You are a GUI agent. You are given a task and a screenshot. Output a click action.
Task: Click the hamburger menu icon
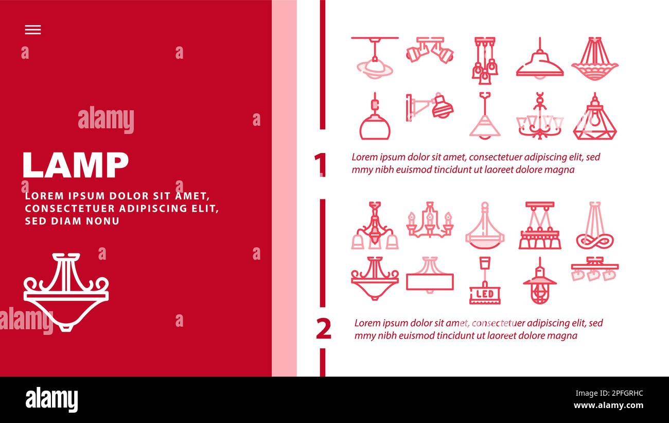pyautogui.click(x=33, y=30)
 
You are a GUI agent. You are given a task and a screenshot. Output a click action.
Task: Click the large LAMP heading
pyautogui.click(x=76, y=165)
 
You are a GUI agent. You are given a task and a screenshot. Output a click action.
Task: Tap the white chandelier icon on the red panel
pyautogui.click(x=66, y=292)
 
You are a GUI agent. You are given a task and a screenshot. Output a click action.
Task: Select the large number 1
pyautogui.click(x=320, y=164)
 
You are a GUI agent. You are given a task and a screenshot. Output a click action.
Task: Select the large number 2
pyautogui.click(x=324, y=329)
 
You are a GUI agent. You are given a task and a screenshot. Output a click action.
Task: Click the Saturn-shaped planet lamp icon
pyautogui.click(x=375, y=58)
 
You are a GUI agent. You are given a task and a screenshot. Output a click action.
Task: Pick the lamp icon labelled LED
pyautogui.click(x=485, y=280)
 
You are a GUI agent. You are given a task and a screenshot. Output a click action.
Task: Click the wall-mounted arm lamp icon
pyautogui.click(x=430, y=107)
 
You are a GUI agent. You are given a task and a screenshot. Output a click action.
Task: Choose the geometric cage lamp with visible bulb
pyautogui.click(x=595, y=116)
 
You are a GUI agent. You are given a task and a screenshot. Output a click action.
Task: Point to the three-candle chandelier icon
pyautogui.click(x=430, y=220)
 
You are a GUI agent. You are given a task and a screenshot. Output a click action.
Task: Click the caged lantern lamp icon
pyautogui.click(x=540, y=280)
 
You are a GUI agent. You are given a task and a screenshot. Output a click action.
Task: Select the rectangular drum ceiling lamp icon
pyautogui.click(x=430, y=275)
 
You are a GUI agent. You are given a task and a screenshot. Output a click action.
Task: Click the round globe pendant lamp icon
pyautogui.click(x=375, y=116)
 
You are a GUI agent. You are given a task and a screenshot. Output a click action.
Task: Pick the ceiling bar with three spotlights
pyautogui.click(x=595, y=269)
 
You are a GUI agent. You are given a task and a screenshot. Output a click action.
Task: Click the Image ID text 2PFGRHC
pyautogui.click(x=627, y=393)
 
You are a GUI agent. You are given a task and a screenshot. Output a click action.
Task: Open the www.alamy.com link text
pyautogui.click(x=608, y=405)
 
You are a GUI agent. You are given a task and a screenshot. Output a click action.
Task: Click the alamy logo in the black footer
pyautogui.click(x=51, y=400)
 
